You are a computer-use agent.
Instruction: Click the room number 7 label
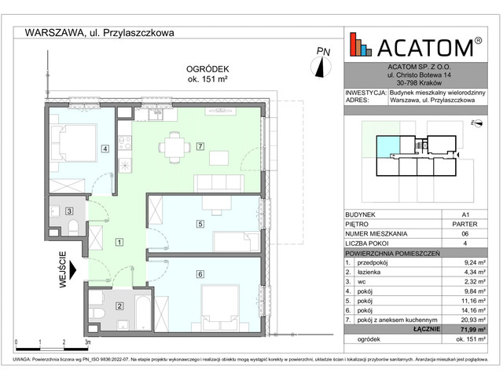click(200, 147)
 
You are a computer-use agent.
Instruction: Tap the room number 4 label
click(104, 149)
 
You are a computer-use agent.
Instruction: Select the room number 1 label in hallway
click(118, 242)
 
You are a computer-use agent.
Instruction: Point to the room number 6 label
click(200, 273)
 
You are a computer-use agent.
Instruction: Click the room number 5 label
click(200, 225)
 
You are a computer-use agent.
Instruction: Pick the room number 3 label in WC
click(69, 210)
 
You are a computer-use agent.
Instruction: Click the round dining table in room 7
click(173, 147)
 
